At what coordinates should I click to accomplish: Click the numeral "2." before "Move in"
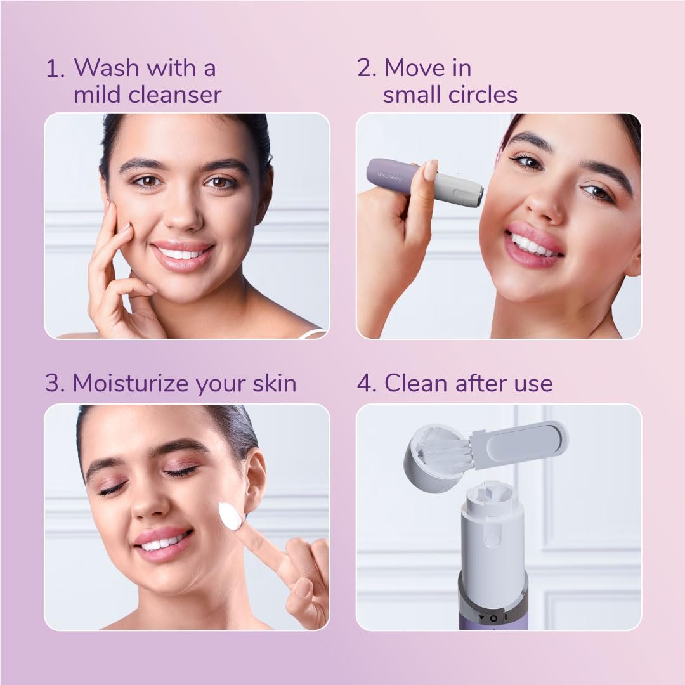coord(367,68)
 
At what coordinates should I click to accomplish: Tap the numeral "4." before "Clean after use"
coord(367,384)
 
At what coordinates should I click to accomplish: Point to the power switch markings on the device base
coord(493,618)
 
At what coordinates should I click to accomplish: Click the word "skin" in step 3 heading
coord(275,383)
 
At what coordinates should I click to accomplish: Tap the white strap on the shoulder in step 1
coord(314,333)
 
